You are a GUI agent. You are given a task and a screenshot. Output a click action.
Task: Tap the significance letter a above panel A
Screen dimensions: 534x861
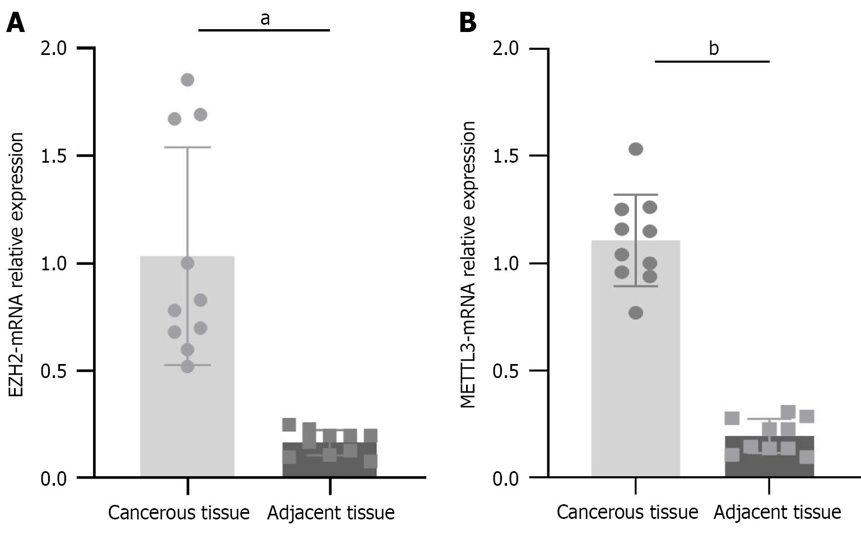265,19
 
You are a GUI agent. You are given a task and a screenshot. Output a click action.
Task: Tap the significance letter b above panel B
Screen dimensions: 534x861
713,49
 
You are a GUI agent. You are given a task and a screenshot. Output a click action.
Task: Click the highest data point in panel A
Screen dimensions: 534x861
188,80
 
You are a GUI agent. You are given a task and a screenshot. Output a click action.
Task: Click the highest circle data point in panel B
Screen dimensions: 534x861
636,149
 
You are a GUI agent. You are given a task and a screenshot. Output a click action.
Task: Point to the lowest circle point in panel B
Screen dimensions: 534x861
636,313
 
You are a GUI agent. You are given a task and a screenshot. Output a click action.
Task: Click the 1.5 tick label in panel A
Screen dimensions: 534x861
54,156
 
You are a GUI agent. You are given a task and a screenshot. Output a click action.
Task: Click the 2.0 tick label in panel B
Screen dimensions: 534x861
506,49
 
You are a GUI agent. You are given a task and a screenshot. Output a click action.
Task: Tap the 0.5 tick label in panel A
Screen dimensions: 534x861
54,371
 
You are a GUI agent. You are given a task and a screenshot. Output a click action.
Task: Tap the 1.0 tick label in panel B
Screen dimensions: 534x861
506,264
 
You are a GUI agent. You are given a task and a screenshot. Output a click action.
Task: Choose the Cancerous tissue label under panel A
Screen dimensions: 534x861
179,512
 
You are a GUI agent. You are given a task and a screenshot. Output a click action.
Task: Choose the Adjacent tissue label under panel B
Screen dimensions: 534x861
777,512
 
